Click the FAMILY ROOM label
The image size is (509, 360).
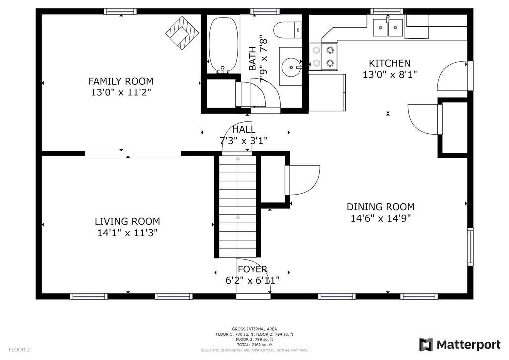click(121, 81)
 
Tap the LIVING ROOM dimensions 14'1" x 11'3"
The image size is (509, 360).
click(127, 233)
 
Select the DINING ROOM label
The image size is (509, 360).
click(380, 207)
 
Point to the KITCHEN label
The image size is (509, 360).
click(390, 63)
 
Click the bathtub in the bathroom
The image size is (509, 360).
click(223, 45)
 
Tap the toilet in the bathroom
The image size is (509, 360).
click(288, 30)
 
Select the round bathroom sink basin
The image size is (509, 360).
click(291, 67)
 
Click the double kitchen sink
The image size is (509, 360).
click(388, 27)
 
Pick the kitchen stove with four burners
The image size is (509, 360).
click(323, 57)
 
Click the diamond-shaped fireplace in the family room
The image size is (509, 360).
click(182, 33)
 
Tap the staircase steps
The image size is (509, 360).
click(238, 206)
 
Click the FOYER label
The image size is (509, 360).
click(253, 269)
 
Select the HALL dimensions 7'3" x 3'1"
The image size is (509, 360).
click(244, 141)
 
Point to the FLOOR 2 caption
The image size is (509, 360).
click(19, 350)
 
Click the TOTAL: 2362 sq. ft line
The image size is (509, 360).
click(254, 345)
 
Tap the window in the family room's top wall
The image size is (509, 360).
click(120, 12)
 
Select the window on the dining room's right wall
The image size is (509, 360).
click(470, 247)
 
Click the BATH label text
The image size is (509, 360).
click(252, 59)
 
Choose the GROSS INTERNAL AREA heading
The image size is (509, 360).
click(254, 329)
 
